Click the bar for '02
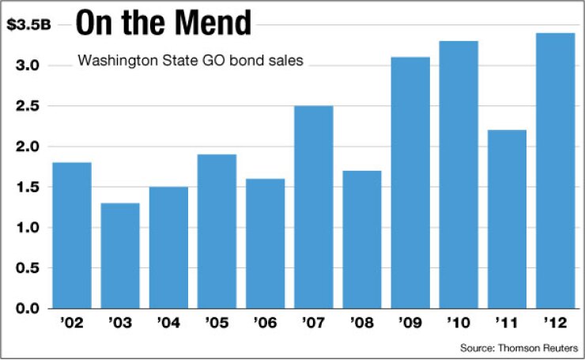tap(73, 235)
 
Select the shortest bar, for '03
tap(120, 256)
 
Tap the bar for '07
tap(313, 207)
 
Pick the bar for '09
tap(409, 182)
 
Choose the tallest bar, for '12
tap(555, 170)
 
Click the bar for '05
tap(217, 231)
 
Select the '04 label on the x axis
tap(168, 324)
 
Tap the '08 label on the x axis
tap(361, 324)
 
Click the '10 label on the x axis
tap(458, 324)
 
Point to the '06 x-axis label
tap(265, 324)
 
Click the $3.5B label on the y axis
tap(28, 25)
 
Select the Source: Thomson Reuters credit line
tap(519, 347)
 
